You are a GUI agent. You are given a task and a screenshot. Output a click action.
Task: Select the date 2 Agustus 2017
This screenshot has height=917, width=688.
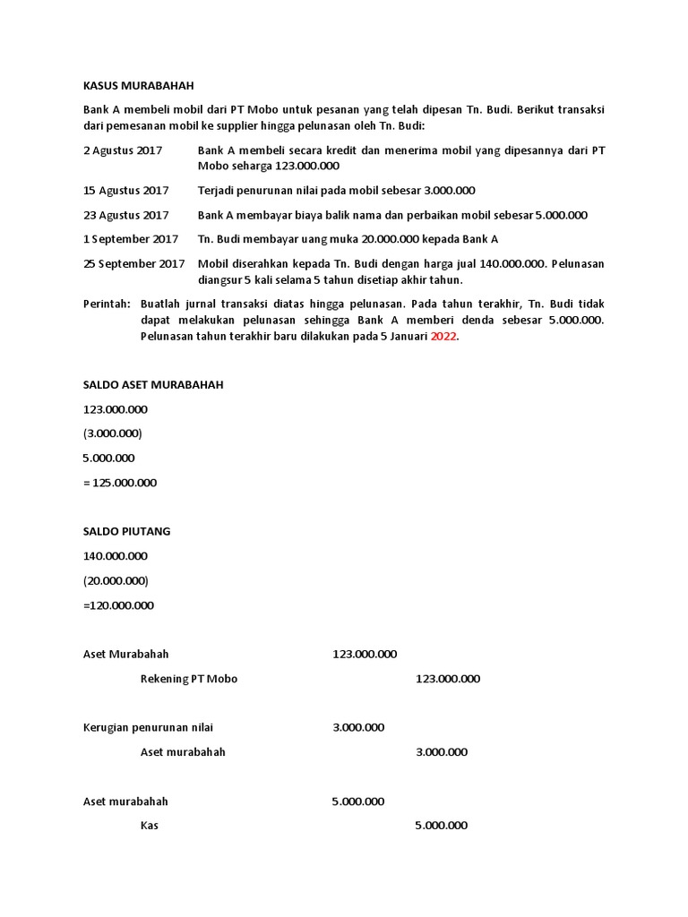pos(123,150)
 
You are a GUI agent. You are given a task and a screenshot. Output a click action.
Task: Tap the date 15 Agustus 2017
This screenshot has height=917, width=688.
pos(125,191)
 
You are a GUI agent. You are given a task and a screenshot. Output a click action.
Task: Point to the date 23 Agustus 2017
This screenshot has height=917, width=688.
pos(125,215)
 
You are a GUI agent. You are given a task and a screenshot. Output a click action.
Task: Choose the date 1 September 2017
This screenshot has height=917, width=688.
pos(131,239)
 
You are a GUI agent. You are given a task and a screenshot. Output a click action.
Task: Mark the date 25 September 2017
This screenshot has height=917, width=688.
pos(133,263)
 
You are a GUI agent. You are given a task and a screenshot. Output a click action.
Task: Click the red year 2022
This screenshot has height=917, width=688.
pos(443,336)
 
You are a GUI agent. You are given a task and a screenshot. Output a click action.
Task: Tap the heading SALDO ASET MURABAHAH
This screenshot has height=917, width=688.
pos(152,385)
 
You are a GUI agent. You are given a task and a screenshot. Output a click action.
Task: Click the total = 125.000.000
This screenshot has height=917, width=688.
pos(119,483)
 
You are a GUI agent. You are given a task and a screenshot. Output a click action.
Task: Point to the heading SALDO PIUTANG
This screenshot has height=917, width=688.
pos(126,531)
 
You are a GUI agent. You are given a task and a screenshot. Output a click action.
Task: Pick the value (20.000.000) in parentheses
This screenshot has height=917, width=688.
pos(116,580)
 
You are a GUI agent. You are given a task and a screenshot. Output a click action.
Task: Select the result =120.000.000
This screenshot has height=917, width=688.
pos(118,605)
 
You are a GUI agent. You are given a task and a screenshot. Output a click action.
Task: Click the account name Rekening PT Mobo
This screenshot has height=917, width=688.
pos(189,679)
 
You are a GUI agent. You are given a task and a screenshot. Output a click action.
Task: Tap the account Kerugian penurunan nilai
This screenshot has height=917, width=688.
pos(148,727)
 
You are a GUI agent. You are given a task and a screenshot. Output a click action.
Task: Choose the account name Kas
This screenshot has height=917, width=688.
pos(150,826)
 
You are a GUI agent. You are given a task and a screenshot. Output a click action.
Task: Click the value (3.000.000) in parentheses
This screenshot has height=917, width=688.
pos(112,433)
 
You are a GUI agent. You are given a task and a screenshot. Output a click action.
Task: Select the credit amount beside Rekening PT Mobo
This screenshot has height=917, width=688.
pos(447,679)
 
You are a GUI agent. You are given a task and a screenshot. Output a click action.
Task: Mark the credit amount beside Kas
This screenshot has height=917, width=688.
pos(441,826)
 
